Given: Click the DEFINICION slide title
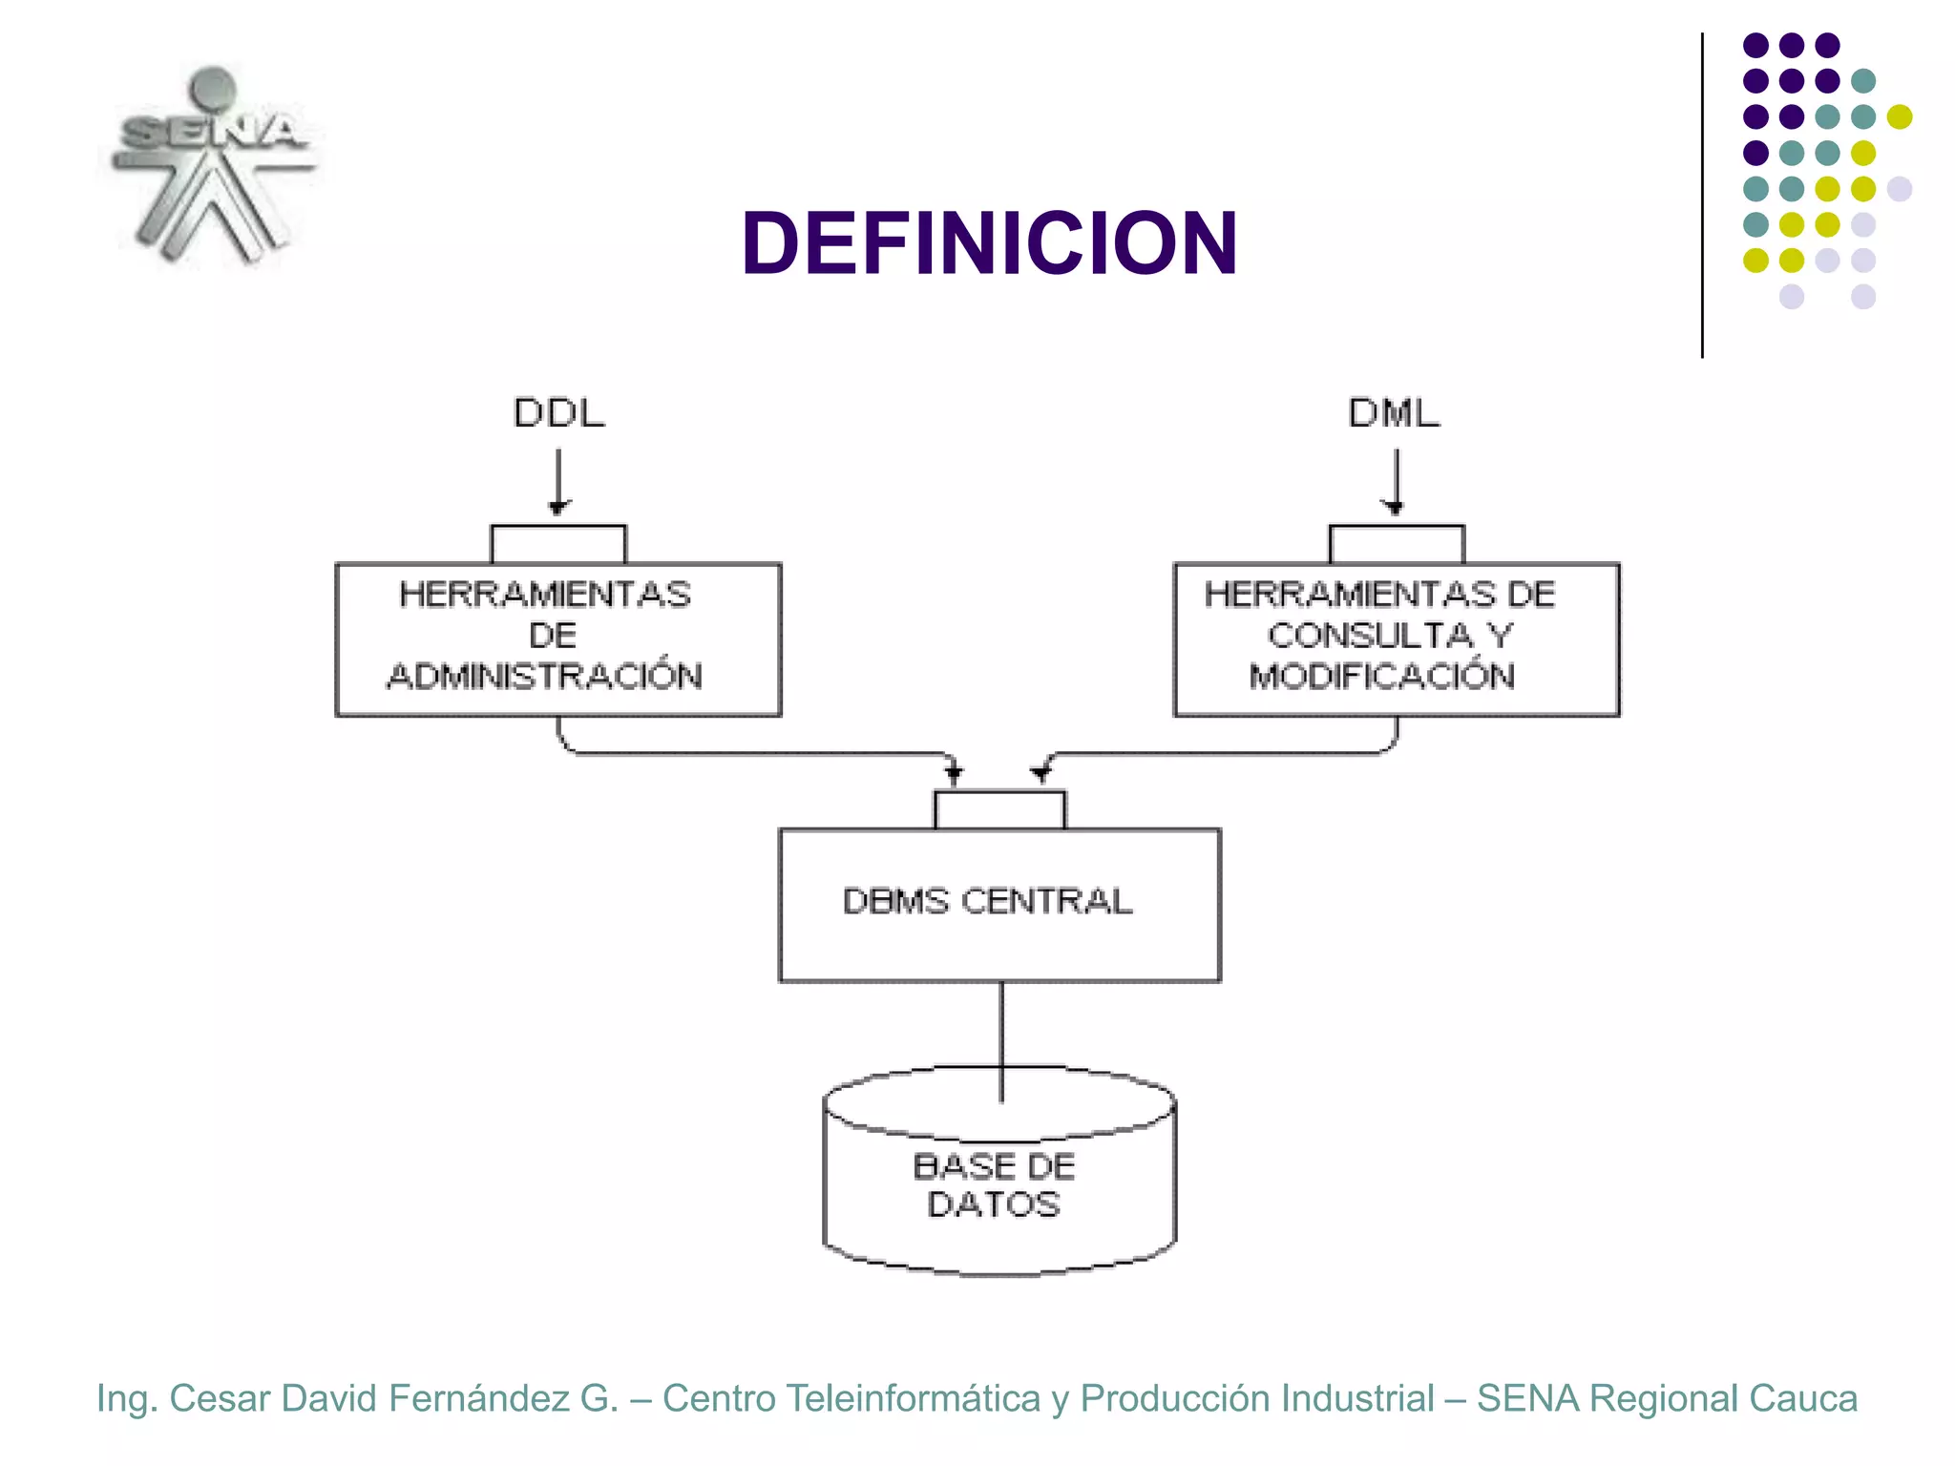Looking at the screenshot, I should [989, 244].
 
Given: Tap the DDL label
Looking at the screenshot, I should [559, 413].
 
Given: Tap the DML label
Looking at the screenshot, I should [1394, 413].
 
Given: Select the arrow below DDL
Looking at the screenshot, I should [558, 482].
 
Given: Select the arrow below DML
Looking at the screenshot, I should [1396, 482].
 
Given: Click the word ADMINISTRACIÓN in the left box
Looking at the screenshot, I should [545, 676].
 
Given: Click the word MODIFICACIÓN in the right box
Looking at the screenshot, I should [1381, 676].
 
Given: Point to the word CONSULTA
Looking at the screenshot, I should [1371, 635].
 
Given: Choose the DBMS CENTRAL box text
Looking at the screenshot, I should [987, 901].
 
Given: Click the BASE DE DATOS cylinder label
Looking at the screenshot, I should [994, 1184].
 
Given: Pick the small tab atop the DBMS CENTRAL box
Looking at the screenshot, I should [999, 810].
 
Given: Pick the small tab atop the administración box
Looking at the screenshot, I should [558, 544].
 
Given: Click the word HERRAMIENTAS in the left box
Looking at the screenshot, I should [545, 594].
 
